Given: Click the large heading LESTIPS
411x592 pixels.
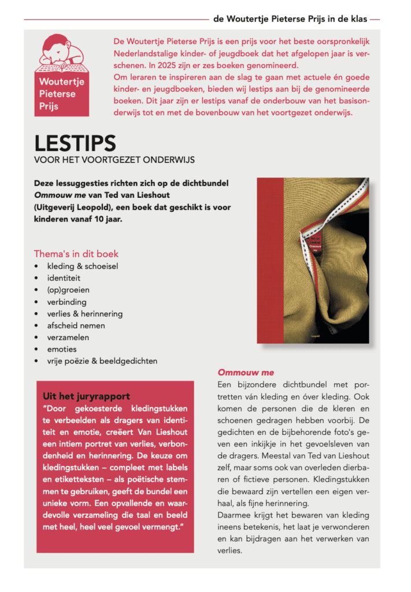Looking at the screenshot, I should [75, 143].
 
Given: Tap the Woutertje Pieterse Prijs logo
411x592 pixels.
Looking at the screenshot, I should [62, 75].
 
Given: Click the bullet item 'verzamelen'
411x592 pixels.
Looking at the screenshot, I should [68, 337].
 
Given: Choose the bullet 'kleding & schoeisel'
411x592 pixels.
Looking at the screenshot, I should [83, 267].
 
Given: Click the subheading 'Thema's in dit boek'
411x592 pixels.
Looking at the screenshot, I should [76, 254].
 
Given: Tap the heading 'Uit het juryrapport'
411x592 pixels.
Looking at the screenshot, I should [86, 396].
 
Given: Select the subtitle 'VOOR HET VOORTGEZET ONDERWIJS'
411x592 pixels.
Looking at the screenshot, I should [114, 160].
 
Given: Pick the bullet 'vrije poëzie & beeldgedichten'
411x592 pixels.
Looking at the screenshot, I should [102, 361].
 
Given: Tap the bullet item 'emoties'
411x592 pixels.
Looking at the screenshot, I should [62, 349].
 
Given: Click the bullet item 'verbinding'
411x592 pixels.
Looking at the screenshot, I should [67, 302].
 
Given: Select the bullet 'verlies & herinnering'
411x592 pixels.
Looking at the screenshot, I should [85, 314].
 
